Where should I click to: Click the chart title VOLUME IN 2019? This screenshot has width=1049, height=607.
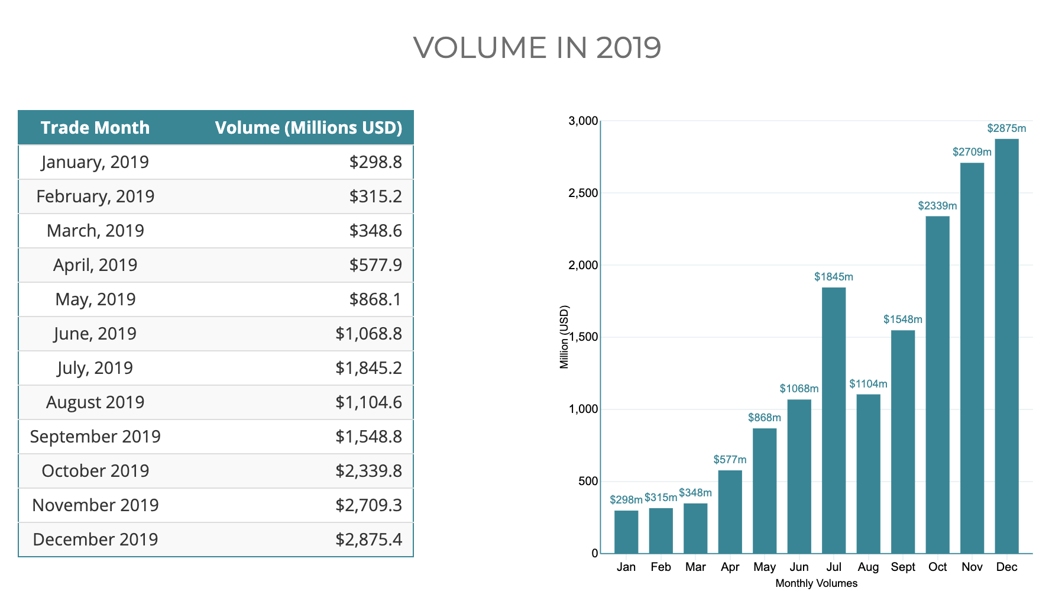(536, 48)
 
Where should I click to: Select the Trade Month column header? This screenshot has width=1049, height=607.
(95, 128)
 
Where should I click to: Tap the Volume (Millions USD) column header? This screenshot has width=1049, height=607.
(308, 128)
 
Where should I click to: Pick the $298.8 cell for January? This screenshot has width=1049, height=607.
(375, 162)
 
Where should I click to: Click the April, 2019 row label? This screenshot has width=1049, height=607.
(95, 265)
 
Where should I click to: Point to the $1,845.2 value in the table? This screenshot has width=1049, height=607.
(368, 368)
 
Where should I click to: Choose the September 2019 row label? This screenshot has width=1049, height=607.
(95, 437)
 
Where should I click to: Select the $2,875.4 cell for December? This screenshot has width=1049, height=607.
(368, 540)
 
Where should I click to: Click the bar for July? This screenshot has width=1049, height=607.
(834, 420)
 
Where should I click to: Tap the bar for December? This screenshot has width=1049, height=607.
(1006, 346)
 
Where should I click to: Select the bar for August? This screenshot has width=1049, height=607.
(868, 473)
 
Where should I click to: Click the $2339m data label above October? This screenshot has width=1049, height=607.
(937, 206)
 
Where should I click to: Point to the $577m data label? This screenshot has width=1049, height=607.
(730, 460)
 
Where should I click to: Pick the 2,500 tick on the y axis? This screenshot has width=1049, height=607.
(583, 193)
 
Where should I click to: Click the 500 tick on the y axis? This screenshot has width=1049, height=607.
(588, 482)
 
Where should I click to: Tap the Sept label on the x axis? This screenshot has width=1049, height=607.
(903, 567)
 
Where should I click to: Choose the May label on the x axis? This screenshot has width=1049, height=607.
(765, 567)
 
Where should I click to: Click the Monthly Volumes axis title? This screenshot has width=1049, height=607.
(816, 584)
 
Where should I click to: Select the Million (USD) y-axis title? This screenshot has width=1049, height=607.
(564, 337)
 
